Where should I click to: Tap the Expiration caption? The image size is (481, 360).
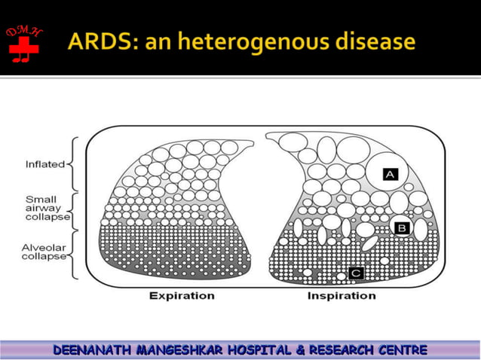coord(182,296)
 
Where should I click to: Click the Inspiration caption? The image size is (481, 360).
coord(341,296)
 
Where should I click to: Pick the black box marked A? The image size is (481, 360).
coord(389,174)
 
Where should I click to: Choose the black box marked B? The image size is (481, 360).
coord(401,226)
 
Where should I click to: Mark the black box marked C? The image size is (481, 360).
coord(356,272)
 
